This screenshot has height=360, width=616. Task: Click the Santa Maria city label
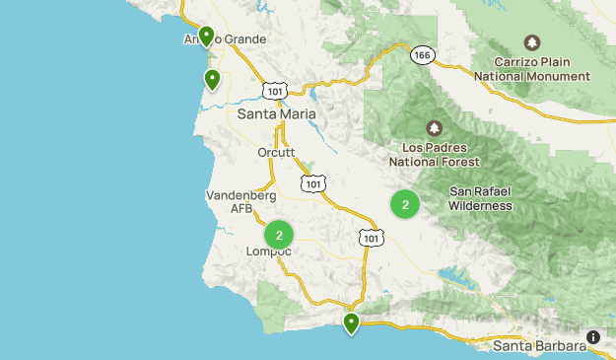point(277,114)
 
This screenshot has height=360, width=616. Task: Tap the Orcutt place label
point(276,153)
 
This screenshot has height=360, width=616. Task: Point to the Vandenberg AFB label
point(228,202)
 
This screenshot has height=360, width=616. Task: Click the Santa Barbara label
point(539,346)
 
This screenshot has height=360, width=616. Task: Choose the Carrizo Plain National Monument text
point(532,66)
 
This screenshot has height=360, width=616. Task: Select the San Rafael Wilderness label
point(480,198)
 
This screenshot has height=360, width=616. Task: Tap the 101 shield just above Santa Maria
point(275,91)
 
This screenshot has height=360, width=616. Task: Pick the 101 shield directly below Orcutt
point(313,183)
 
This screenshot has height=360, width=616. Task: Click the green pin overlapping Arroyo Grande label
point(207,36)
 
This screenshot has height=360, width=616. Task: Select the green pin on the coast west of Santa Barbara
point(351,323)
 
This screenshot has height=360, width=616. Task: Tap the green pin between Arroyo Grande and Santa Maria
point(212,79)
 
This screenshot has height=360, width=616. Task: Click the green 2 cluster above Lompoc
point(280,235)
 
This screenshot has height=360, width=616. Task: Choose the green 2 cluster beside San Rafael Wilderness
point(405,204)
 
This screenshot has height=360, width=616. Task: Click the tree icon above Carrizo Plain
point(532,42)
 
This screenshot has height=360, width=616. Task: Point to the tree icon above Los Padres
point(434,129)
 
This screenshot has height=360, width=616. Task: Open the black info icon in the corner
point(593,337)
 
